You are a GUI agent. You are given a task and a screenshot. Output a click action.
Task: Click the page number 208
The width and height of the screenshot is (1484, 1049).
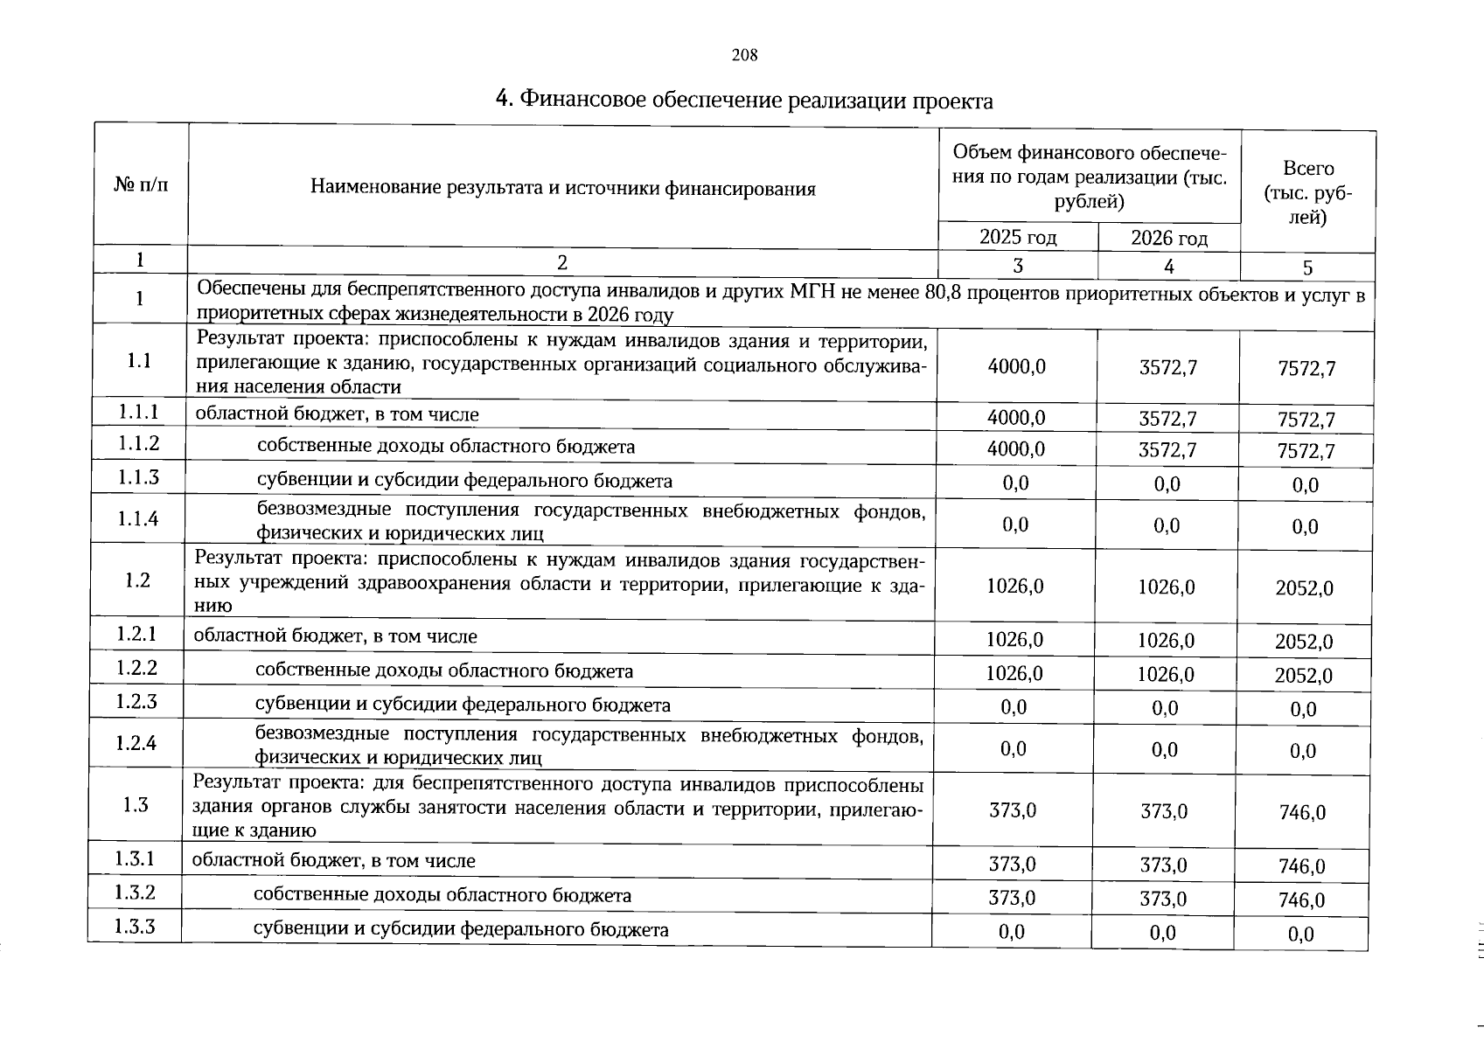pos(744,55)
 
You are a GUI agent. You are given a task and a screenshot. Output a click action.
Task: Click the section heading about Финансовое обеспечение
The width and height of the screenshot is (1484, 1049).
pos(744,101)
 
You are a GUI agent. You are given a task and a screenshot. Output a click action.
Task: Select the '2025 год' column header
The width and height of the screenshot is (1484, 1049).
pos(1017,237)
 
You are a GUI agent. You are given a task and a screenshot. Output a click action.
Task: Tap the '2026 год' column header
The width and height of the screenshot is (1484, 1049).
pos(1168,238)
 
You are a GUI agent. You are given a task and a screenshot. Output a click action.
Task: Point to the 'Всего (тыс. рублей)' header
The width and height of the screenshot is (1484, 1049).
pos(1308,192)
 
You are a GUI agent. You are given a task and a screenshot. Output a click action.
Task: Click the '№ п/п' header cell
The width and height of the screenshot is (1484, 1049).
pos(140,184)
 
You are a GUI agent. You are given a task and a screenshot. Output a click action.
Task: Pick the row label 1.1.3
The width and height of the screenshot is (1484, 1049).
pos(138,477)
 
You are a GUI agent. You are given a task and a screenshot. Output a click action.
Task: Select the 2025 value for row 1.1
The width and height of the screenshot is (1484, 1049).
pos(1016,367)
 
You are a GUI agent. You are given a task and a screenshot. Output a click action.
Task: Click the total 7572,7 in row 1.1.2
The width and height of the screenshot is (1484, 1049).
pos(1306,452)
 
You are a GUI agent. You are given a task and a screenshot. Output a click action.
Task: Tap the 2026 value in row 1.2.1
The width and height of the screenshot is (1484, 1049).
pos(1166,640)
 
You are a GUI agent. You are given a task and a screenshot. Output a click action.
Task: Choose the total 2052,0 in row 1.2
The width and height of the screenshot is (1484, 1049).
pos(1304,588)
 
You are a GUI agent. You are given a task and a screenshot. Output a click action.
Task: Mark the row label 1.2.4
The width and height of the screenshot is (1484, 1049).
pos(136,743)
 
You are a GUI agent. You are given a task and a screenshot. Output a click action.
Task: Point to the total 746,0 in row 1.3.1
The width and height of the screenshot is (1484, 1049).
pos(1301,866)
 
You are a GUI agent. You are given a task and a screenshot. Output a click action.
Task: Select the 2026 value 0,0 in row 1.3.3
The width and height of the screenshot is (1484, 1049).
pos(1162,933)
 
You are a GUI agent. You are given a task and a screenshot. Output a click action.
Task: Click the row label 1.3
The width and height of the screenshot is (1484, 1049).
pos(136,805)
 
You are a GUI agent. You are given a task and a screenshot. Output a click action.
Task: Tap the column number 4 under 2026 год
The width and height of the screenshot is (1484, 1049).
pos(1168,267)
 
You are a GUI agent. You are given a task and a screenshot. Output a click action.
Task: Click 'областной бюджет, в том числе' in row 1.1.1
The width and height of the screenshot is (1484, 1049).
pos(337,414)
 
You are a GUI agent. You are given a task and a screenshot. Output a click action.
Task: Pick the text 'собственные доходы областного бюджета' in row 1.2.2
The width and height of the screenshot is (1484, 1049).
pos(443,671)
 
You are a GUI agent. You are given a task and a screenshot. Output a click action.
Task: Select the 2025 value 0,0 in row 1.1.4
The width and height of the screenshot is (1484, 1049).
pos(1015,524)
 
